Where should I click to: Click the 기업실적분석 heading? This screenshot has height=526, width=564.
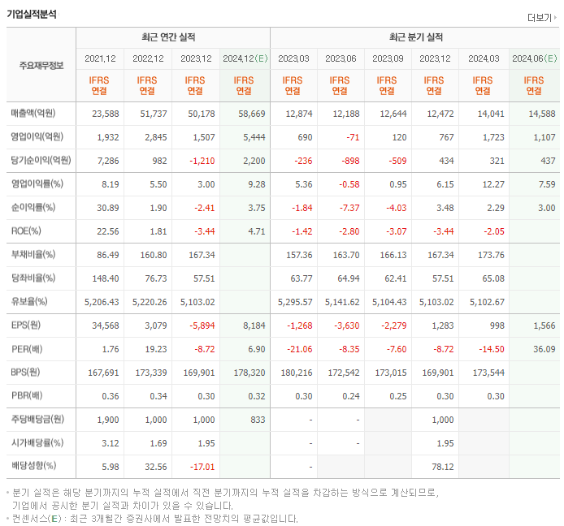click(33, 14)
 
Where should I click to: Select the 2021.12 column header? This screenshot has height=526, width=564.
click(101, 58)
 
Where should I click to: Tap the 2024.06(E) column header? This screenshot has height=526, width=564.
click(534, 58)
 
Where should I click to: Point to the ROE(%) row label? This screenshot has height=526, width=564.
click(27, 231)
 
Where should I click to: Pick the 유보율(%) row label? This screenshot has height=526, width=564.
click(29, 301)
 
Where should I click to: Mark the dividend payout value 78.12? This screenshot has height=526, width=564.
click(440, 466)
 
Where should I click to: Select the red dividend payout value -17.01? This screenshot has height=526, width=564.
click(199, 466)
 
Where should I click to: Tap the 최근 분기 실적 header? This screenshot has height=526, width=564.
click(415, 37)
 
